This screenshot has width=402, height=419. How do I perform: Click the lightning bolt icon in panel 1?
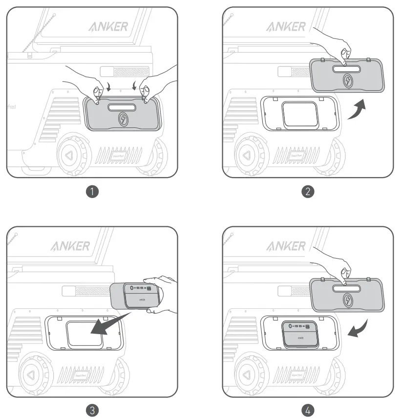point(123,119)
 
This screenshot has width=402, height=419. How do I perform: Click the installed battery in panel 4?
point(299,333)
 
